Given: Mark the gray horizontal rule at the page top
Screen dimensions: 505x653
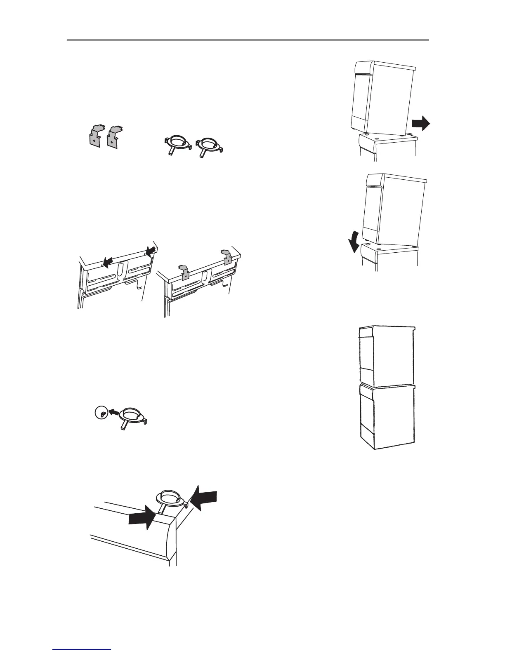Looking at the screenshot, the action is [x=248, y=40].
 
